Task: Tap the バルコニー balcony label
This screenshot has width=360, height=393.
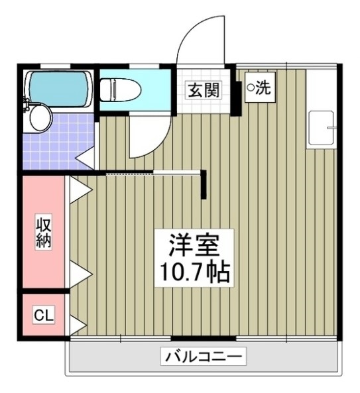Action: tap(203, 357)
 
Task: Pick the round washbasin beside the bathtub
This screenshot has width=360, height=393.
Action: tap(40, 119)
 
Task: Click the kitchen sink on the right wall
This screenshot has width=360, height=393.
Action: tap(322, 129)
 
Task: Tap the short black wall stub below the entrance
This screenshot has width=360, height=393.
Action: tap(205, 185)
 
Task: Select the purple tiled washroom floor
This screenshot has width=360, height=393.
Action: tap(56, 142)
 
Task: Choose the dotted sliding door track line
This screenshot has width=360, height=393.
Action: tap(152, 174)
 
